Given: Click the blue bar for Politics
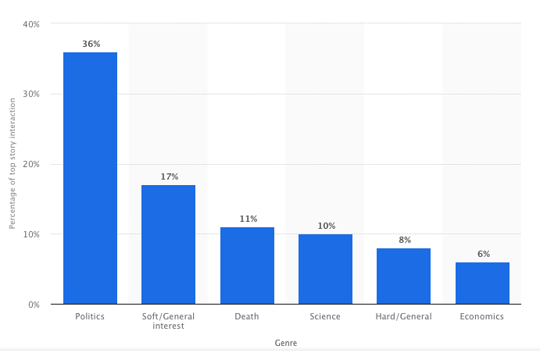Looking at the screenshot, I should [90, 178].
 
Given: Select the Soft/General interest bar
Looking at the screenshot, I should [168, 244].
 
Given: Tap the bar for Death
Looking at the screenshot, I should [247, 266].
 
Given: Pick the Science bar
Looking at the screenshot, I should [325, 269].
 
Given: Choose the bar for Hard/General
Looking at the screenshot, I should [403, 276].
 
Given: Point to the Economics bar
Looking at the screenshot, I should [482, 283].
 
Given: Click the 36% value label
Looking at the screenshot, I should [91, 44].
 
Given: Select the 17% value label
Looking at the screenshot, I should [170, 176].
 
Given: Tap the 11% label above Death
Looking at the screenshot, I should [249, 219].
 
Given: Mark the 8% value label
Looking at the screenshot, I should [404, 240].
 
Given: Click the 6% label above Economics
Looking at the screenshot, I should [482, 254].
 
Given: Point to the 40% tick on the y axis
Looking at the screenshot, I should [31, 24].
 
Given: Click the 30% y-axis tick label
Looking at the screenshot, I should [31, 94].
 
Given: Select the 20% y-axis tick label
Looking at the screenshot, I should [31, 165].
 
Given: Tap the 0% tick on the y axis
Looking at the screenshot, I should [34, 305].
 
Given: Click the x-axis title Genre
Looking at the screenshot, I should [285, 343].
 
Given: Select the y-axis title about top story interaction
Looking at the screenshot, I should [13, 164].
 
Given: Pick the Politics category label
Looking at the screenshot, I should [90, 316].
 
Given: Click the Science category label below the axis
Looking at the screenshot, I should [325, 316].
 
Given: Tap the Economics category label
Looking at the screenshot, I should [482, 316].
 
